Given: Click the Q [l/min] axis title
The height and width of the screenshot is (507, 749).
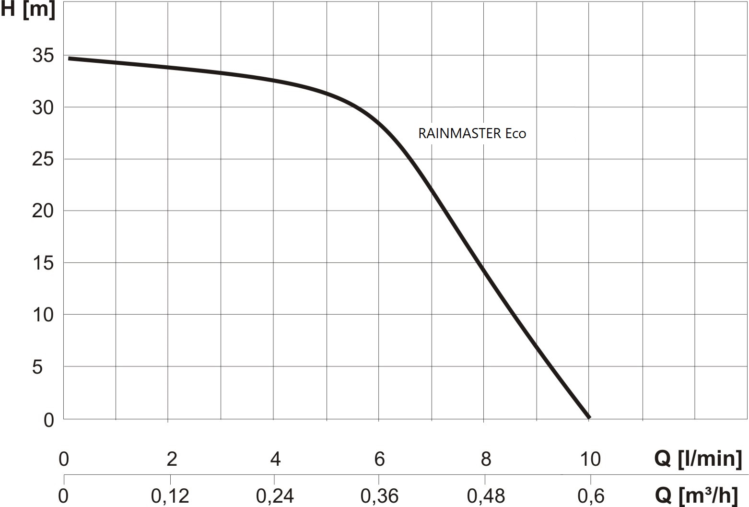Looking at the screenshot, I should (698, 459).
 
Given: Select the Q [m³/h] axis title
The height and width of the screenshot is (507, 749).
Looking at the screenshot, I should (698, 496).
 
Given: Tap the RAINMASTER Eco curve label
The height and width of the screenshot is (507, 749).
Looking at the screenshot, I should (472, 133).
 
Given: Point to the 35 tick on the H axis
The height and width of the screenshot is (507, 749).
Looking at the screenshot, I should (43, 56).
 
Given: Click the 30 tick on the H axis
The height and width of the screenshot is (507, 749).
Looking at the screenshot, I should (43, 108).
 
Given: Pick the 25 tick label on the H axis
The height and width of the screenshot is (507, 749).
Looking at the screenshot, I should (43, 159).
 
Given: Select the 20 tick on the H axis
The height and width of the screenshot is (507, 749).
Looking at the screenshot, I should (43, 211).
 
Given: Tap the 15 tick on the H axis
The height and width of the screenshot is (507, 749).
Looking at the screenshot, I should (43, 263).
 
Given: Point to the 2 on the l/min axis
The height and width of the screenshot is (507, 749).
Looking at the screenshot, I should (172, 460).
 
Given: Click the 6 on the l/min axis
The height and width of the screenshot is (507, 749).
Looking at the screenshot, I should (379, 460).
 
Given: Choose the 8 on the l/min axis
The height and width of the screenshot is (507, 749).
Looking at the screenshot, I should (486, 460).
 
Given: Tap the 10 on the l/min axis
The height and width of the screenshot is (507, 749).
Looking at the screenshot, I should (590, 460).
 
